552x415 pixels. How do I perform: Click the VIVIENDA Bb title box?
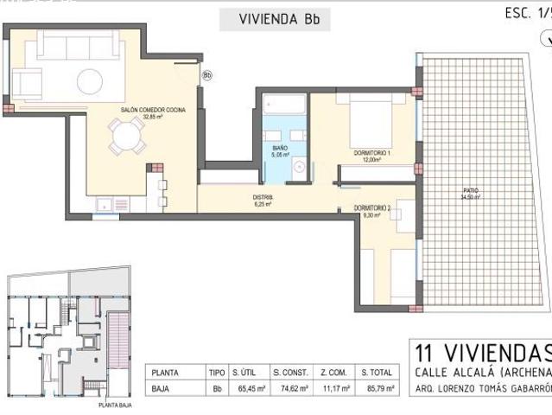pyautogui.click(x=274, y=18)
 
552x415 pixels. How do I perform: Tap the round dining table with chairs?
pyautogui.click(x=127, y=137)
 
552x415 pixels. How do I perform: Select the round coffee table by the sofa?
pyautogui.click(x=90, y=82)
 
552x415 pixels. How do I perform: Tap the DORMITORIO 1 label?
pyautogui.click(x=371, y=154)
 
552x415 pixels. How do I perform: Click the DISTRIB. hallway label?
pyautogui.click(x=263, y=199)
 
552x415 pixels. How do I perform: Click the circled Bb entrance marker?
pyautogui.click(x=206, y=75)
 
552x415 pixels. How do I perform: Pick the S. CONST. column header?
pyautogui.click(x=290, y=372)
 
